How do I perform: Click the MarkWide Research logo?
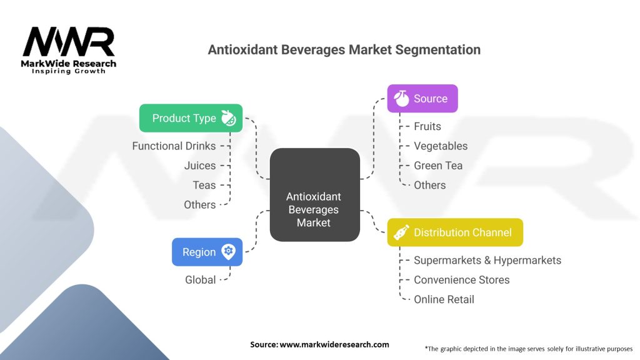pyautogui.click(x=69, y=50)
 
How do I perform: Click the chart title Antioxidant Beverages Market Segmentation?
pyautogui.click(x=344, y=50)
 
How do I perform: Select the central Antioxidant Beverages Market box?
pyautogui.click(x=314, y=195)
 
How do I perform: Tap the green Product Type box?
pyautogui.click(x=191, y=118)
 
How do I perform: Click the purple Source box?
pyautogui.click(x=422, y=99)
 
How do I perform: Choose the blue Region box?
pyautogui.click(x=207, y=252)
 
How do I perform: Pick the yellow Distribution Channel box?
pyautogui.click(x=454, y=232)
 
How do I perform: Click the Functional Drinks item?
pyautogui.click(x=174, y=146)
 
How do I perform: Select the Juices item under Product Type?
pyautogui.click(x=200, y=166)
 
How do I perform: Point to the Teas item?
pyautogui.click(x=204, y=185)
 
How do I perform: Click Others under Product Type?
pyautogui.click(x=199, y=204)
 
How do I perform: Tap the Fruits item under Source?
pyautogui.click(x=427, y=126)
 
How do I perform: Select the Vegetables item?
pyautogui.click(x=440, y=146)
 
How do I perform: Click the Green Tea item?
pyautogui.click(x=438, y=166)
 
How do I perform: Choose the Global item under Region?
pyautogui.click(x=200, y=279)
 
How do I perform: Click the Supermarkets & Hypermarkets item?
pyautogui.click(x=487, y=260)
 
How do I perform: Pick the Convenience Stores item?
pyautogui.click(x=461, y=279)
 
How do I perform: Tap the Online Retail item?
pyautogui.click(x=444, y=299)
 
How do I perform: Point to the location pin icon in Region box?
pyautogui.click(x=229, y=252)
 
